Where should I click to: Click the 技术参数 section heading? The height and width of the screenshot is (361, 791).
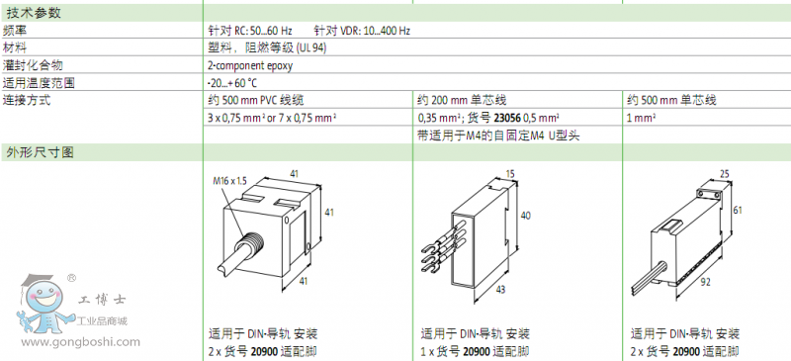click(34, 13)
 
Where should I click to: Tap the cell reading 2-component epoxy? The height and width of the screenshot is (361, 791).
click(250, 65)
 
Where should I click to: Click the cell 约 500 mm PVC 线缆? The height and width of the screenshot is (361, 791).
click(256, 100)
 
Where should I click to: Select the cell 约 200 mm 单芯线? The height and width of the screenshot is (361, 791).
click(463, 100)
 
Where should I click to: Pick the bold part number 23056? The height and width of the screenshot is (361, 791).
click(506, 118)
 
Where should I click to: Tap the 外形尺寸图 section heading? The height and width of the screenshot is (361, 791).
click(40, 152)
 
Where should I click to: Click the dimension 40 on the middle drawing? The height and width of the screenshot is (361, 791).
click(525, 216)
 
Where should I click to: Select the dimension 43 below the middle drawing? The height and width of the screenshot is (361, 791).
click(500, 290)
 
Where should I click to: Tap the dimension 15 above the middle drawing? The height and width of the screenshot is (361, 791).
click(510, 174)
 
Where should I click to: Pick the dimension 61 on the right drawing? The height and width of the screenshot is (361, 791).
click(738, 210)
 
